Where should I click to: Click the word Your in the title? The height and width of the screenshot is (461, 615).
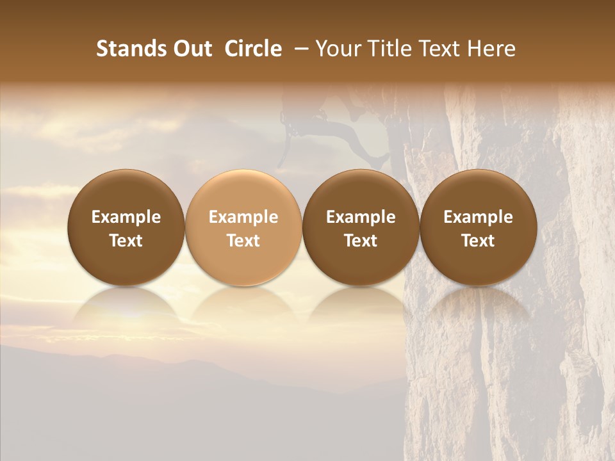pos(337,49)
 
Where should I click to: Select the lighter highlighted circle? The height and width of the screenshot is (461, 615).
pos(243,227)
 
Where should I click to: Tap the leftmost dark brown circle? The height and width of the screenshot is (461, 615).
pos(126,227)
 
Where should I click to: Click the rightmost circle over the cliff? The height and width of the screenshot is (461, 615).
pos(478,227)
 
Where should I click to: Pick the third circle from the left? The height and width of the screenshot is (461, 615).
pos(361,227)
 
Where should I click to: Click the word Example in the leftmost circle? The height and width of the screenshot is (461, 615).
pos(126,217)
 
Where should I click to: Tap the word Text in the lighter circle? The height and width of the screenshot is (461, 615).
pos(243,241)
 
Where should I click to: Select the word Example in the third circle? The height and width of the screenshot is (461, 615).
pos(361,217)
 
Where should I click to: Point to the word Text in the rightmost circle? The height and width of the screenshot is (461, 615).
pos(478,241)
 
